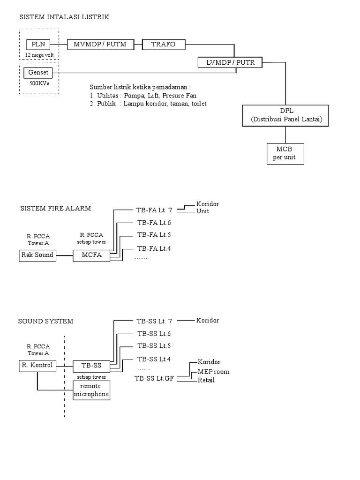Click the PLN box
tap(37, 45)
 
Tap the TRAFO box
tap(164, 45)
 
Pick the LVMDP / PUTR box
tap(231, 62)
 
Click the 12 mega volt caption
tap(39, 55)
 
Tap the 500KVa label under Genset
tap(38, 83)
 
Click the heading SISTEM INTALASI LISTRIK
tap(64, 17)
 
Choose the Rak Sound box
tap(37, 255)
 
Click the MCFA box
tap(91, 255)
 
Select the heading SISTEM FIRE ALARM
tap(55, 208)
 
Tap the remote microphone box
tap(91, 390)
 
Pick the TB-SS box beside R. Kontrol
tap(91, 365)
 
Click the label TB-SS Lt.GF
tap(154, 378)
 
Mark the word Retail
tap(206, 380)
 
